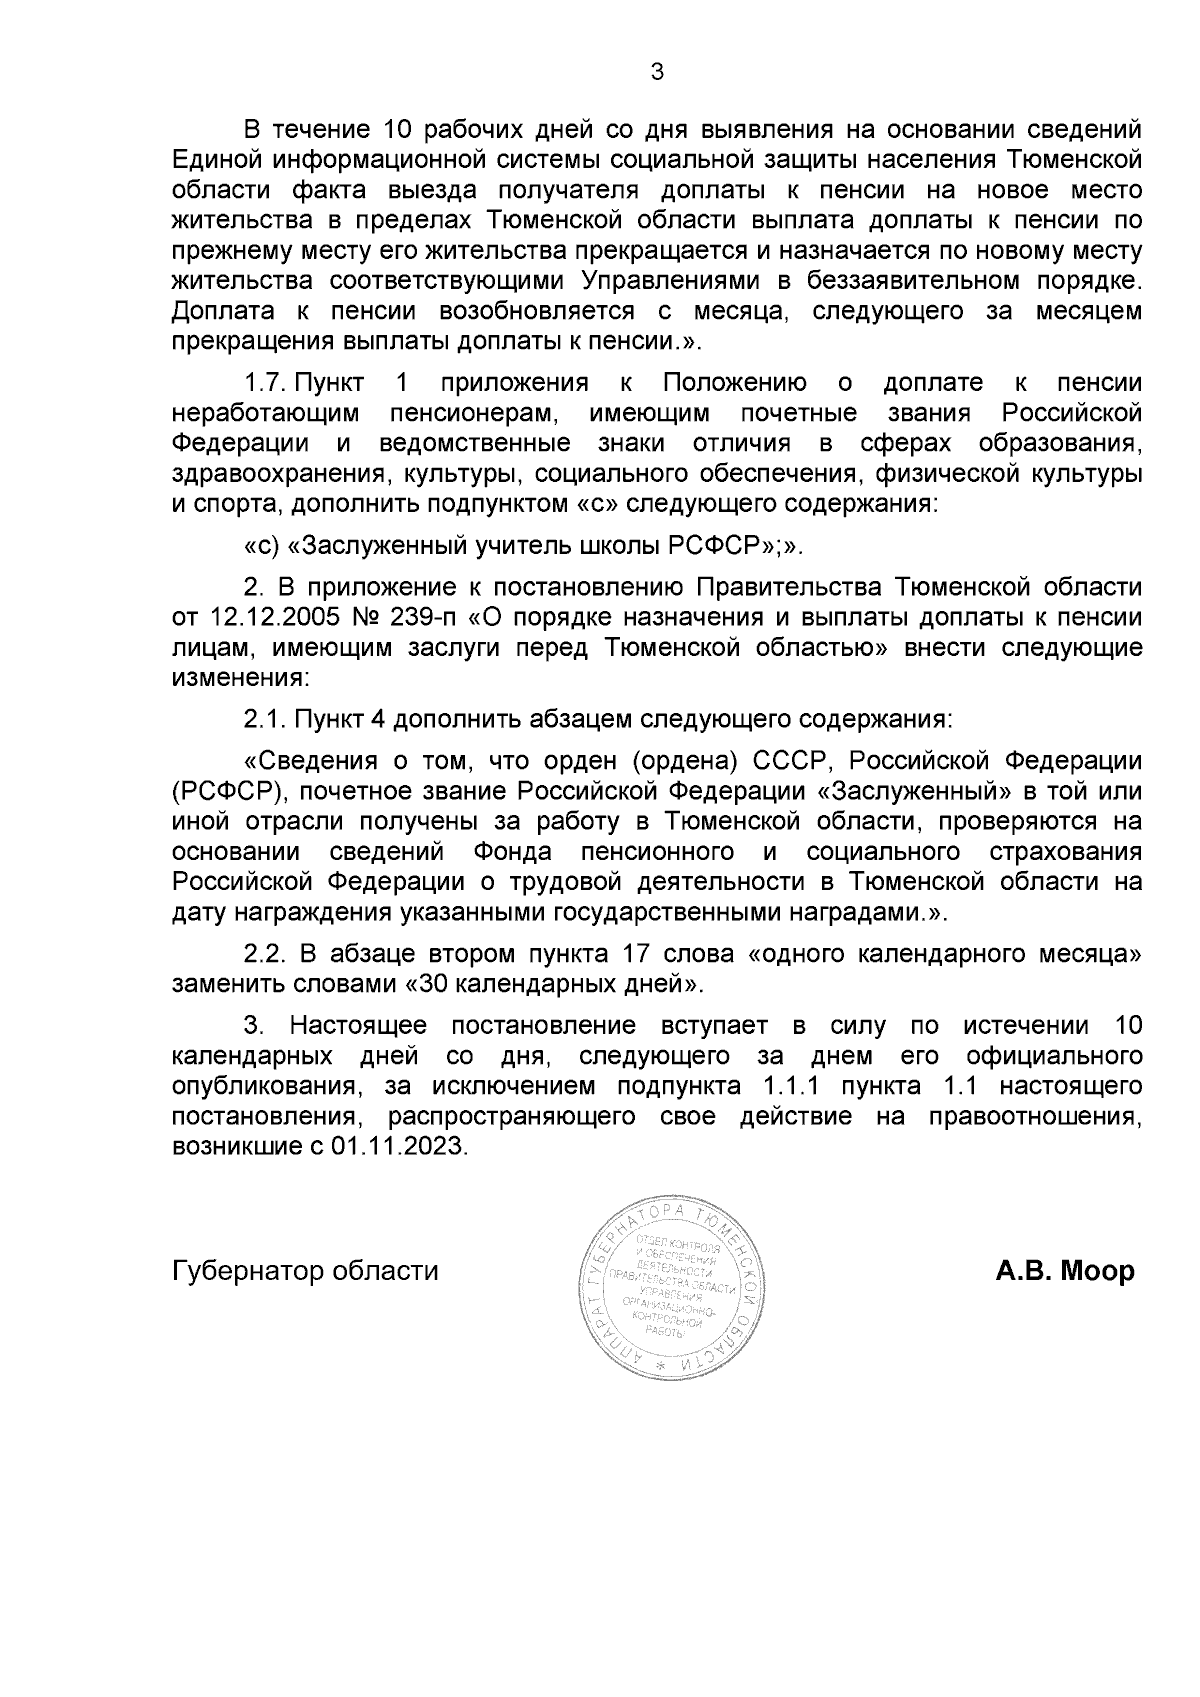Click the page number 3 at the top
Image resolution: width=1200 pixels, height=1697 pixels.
(656, 72)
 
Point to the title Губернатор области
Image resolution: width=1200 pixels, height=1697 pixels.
(305, 1271)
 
